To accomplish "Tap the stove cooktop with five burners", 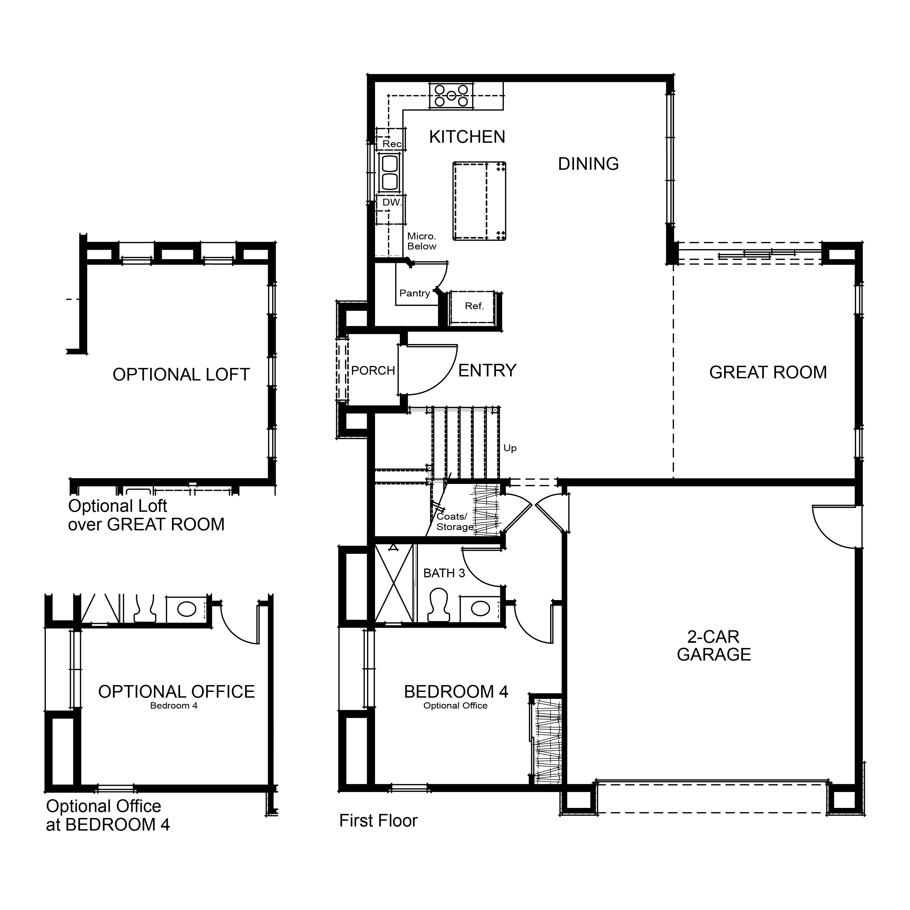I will tap(451, 96).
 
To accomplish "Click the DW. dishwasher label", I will tap(391, 203).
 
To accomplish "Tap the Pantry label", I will tap(415, 293).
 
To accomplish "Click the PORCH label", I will tap(373, 371).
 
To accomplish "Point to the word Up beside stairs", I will tap(510, 448).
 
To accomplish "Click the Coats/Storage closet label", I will tap(454, 521).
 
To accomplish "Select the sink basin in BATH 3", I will tap(480, 608).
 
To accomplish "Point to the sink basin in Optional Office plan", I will tap(186, 609).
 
